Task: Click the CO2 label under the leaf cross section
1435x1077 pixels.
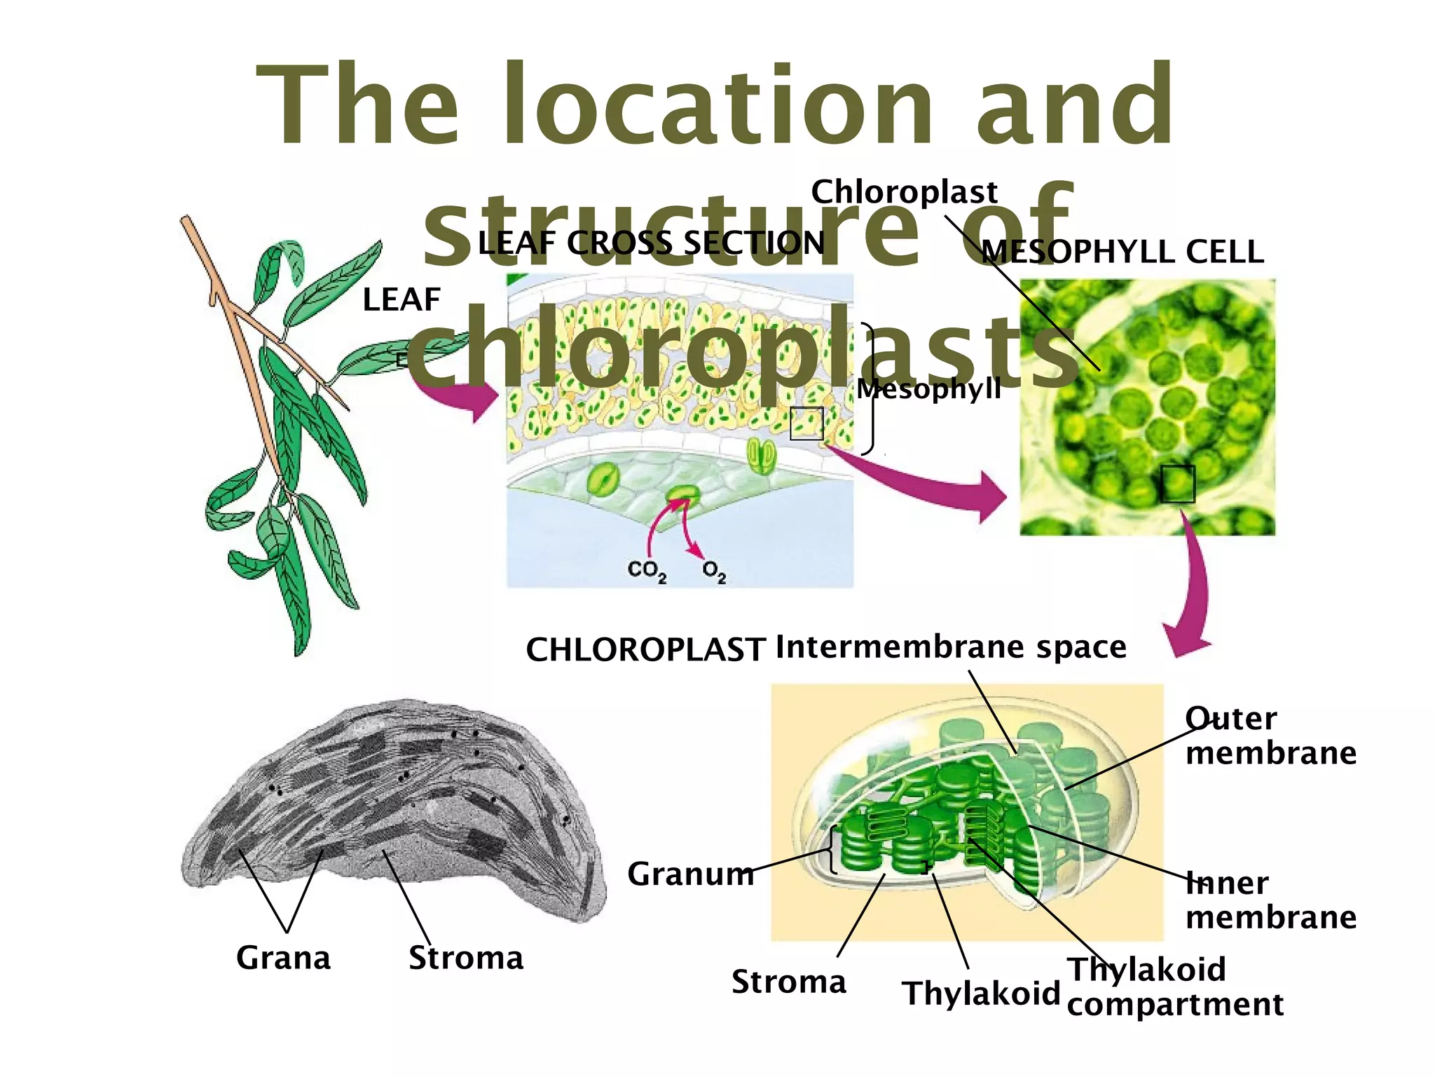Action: click(646, 570)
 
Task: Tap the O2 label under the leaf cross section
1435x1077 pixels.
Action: click(714, 571)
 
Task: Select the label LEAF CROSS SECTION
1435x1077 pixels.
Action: click(651, 243)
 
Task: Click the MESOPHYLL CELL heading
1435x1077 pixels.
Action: click(1122, 252)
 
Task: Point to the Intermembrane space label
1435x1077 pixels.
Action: click(951, 646)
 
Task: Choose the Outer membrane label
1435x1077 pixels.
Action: click(1270, 736)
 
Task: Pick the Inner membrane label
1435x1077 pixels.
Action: click(1270, 900)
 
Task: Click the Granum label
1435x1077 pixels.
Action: click(690, 874)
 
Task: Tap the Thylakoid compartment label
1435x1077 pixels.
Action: click(1175, 987)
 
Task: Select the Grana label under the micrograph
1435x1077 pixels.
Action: click(283, 957)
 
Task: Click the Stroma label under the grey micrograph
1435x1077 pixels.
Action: click(466, 957)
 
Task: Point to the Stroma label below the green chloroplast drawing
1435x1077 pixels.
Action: click(788, 981)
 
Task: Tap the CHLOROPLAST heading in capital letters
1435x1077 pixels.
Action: click(645, 649)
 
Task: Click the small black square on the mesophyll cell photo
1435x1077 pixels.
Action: click(1177, 483)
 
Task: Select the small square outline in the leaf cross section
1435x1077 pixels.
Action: click(806, 424)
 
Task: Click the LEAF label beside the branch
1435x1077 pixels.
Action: click(401, 300)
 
